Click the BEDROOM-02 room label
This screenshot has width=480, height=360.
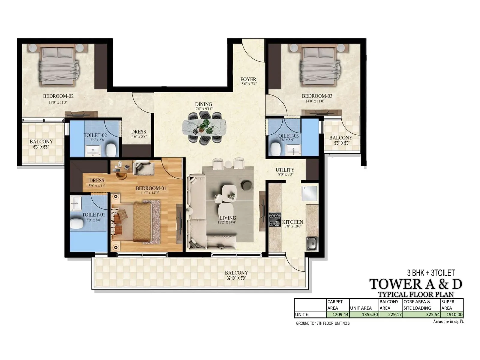click(x=58, y=96)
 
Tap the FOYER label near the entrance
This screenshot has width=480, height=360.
click(x=248, y=79)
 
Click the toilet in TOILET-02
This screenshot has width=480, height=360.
click(x=111, y=149)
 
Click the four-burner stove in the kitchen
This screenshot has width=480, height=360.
click(x=274, y=220)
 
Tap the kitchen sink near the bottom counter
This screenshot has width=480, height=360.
click(x=312, y=243)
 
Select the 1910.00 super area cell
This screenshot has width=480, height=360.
click(x=452, y=315)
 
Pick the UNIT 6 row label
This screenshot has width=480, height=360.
click(x=302, y=315)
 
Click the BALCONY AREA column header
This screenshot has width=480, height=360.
click(x=389, y=305)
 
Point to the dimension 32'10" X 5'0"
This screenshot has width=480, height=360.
click(x=236, y=278)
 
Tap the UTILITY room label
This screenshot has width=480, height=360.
click(x=285, y=170)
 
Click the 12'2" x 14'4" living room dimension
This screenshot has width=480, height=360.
click(x=227, y=222)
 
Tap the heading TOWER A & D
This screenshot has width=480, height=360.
click(x=415, y=284)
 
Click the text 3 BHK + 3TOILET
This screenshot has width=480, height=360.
click(x=431, y=273)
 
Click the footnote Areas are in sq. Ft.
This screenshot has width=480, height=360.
click(x=448, y=322)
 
